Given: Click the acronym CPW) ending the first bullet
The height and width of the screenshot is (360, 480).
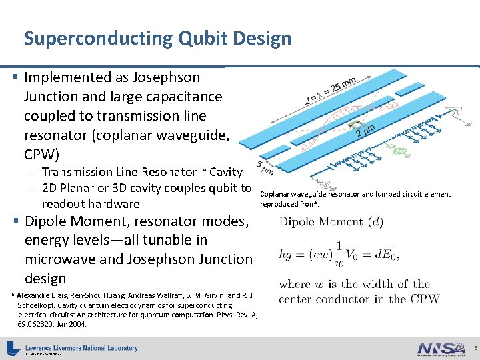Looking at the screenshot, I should [x=41, y=155].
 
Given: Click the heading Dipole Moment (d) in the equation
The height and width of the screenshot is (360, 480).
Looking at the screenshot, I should [x=331, y=222].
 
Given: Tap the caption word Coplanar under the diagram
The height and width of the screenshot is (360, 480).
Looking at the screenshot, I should [x=274, y=195].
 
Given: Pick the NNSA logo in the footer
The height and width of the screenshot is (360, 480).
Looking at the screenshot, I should [x=439, y=349].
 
